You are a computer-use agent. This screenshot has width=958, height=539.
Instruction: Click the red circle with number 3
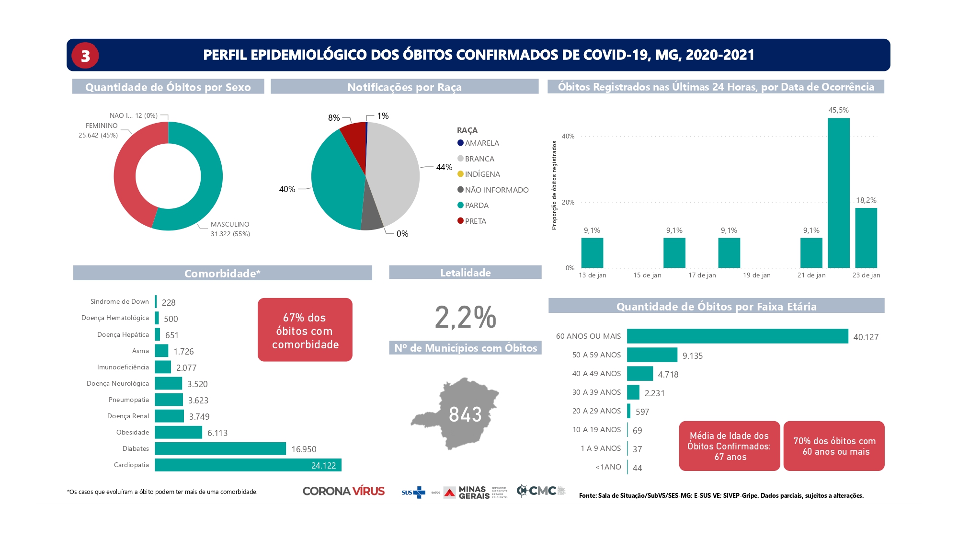[85, 56]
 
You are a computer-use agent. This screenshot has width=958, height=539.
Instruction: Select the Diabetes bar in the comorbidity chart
[220, 449]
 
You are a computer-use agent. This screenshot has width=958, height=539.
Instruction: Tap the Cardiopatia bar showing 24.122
[248, 465]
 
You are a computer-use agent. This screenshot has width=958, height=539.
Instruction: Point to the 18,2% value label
[866, 200]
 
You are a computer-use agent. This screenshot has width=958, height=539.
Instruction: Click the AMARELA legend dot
[460, 143]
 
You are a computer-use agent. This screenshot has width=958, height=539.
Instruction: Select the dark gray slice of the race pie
[372, 218]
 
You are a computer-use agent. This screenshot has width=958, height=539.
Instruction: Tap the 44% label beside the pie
[444, 167]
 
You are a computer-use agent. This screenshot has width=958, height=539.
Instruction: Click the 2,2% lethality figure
[465, 317]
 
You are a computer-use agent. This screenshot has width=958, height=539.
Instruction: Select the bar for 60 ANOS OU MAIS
[737, 336]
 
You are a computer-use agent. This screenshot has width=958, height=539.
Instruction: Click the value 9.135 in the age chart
[692, 356]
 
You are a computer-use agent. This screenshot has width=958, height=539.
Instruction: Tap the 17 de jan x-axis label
[702, 275]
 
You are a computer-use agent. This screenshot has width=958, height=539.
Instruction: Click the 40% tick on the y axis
[568, 137]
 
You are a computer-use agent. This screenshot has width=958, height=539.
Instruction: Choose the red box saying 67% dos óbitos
[305, 330]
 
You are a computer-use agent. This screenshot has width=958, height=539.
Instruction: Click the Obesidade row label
[133, 433]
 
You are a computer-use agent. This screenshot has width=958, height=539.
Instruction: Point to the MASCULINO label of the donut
[230, 224]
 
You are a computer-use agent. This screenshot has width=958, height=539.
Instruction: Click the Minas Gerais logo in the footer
[467, 492]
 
